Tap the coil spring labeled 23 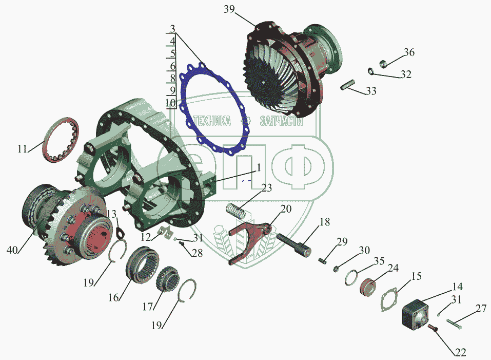tap(236, 211)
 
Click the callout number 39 tap(229, 9)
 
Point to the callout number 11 tap(23, 148)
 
